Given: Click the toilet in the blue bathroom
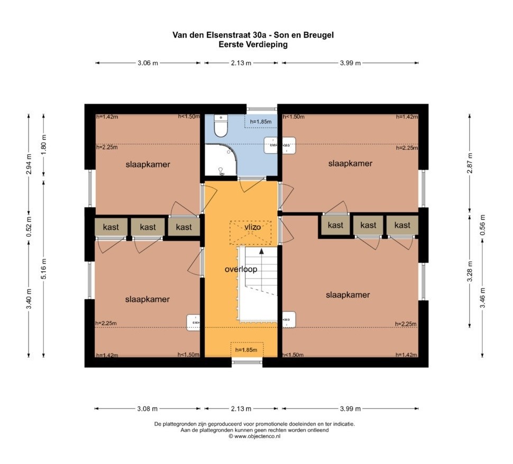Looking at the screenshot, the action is [221, 126].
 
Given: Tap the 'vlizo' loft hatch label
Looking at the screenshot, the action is [253, 227].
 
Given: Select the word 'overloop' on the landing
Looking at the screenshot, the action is [241, 269].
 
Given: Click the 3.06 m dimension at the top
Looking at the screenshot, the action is [148, 63].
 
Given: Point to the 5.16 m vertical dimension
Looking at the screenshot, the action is [44, 269].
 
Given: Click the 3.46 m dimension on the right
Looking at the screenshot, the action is [482, 298].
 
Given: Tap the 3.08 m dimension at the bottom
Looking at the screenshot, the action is [147, 408].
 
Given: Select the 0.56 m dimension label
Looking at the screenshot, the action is [482, 225].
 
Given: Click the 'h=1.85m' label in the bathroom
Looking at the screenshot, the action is [261, 122].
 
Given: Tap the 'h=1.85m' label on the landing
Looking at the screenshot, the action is [246, 350].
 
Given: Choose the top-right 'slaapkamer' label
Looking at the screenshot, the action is [351, 163].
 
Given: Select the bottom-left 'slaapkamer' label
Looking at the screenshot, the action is [147, 299].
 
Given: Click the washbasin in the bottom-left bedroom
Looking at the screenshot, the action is [194, 323].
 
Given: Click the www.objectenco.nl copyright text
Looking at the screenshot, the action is [254, 436].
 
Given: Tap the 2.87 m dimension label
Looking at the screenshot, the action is [470, 163].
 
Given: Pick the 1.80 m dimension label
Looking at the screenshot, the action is [44, 145].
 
